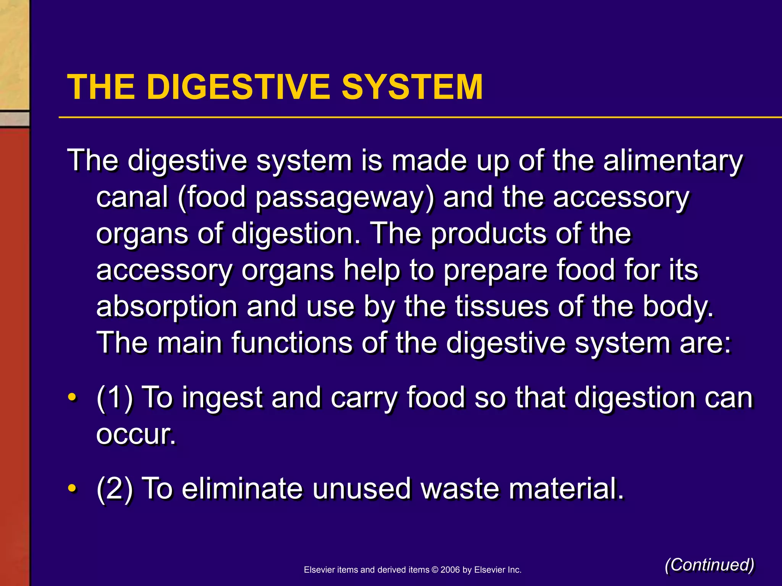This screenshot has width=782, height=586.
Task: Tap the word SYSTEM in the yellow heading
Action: click(x=412, y=87)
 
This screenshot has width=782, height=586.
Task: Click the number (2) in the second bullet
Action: click(x=115, y=489)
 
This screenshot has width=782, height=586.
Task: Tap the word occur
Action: click(x=136, y=434)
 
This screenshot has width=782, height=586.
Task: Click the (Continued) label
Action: click(x=709, y=565)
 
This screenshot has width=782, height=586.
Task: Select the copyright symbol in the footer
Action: click(x=435, y=570)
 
